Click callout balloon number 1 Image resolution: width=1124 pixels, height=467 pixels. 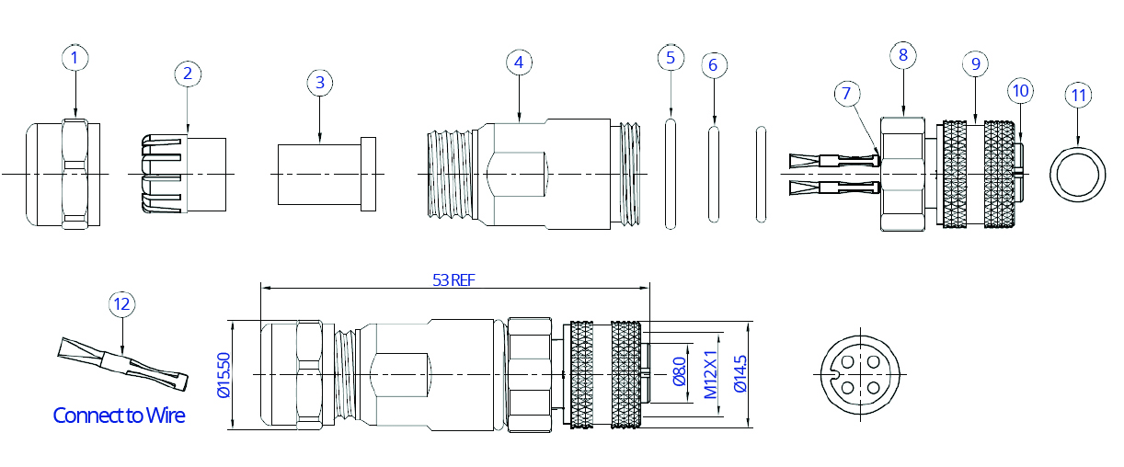[x=75, y=58]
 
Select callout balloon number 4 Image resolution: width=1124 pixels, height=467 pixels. [x=519, y=63]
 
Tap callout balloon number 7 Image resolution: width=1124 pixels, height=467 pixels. [x=847, y=93]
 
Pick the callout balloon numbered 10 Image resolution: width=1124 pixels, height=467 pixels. [x=1021, y=91]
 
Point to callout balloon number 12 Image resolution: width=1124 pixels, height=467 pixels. [x=122, y=304]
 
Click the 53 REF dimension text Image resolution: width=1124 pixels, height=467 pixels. [x=453, y=279]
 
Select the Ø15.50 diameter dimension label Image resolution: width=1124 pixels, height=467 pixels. [x=224, y=375]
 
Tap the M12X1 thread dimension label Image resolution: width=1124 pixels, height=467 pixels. [x=710, y=375]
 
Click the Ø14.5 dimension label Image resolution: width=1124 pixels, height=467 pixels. [x=740, y=374]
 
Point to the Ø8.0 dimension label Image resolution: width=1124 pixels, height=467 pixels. [x=679, y=371]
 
